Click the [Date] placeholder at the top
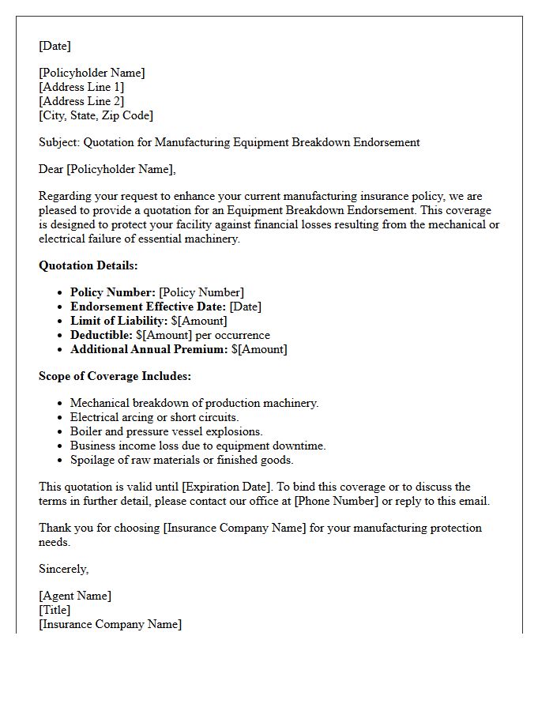pos(55,46)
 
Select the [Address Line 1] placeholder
pos(81,87)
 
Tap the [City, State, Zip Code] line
pos(96,115)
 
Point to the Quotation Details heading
pos(88,265)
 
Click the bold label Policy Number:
pos(113,292)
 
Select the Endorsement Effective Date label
pos(148,307)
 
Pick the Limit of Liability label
pos(118,321)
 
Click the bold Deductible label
pos(101,335)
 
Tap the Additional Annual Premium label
pos(149,349)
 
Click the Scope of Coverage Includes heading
pos(115,376)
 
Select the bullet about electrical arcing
pos(154,417)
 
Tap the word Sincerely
pos(63,569)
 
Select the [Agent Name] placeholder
pos(75,596)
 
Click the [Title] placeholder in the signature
pos(55,610)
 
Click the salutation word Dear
pos(51,169)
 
